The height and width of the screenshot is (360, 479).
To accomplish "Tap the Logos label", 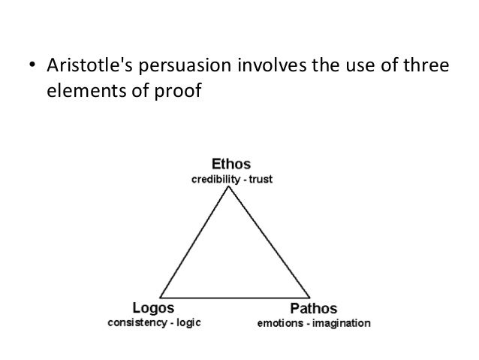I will pyautogui.click(x=153, y=310).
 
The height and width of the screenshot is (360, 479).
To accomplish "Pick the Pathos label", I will pyautogui.click(x=313, y=310).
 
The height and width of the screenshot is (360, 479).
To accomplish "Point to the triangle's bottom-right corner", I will pyautogui.click(x=310, y=298).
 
